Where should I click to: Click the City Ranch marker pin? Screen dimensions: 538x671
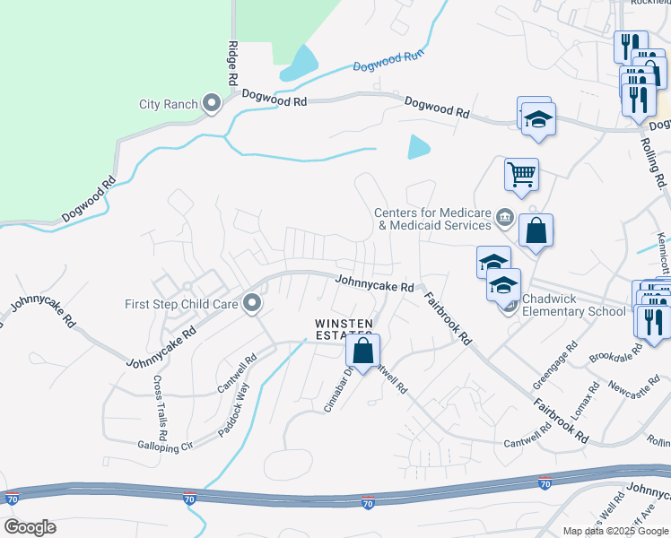(213, 104)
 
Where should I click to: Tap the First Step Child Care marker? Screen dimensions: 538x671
(252, 304)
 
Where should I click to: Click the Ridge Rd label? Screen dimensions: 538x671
(232, 62)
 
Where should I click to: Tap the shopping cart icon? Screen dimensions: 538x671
(521, 174)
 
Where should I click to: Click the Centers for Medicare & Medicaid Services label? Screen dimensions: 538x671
(433, 219)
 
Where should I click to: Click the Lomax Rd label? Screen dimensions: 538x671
(586, 403)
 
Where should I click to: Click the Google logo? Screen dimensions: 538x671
(30, 527)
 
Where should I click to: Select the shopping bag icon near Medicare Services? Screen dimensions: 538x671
(536, 230)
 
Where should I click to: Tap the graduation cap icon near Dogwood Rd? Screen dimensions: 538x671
(538, 120)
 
